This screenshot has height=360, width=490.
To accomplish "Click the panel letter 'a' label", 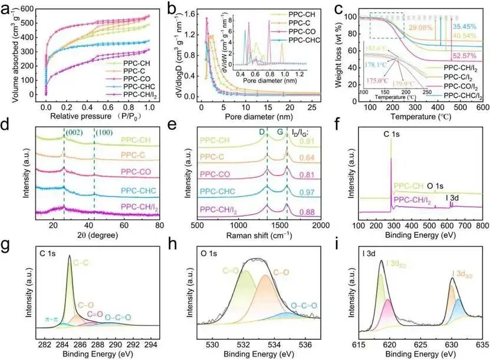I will click(x=6, y=8).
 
